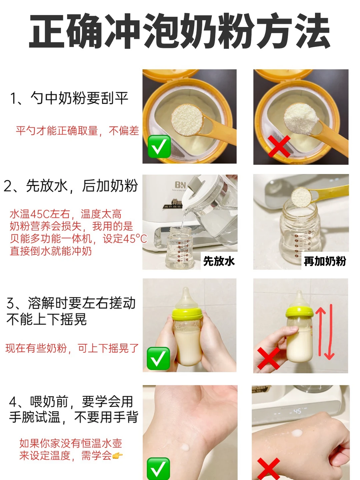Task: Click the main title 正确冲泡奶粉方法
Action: tap(180, 31)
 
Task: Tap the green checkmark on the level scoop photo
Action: tap(159, 146)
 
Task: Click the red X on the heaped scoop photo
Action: tap(279, 146)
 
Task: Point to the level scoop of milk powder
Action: tap(187, 120)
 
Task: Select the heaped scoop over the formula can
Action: tap(301, 119)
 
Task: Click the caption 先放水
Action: tap(219, 261)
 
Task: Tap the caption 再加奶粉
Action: tap(325, 261)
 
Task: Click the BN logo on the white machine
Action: tap(180, 185)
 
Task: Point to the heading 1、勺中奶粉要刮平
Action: tap(69, 98)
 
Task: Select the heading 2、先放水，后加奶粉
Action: tap(71, 186)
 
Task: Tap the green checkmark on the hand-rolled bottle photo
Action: tap(158, 358)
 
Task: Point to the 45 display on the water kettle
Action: tap(297, 411)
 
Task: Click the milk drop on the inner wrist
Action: tap(185, 447)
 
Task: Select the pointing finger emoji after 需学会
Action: tap(117, 456)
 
